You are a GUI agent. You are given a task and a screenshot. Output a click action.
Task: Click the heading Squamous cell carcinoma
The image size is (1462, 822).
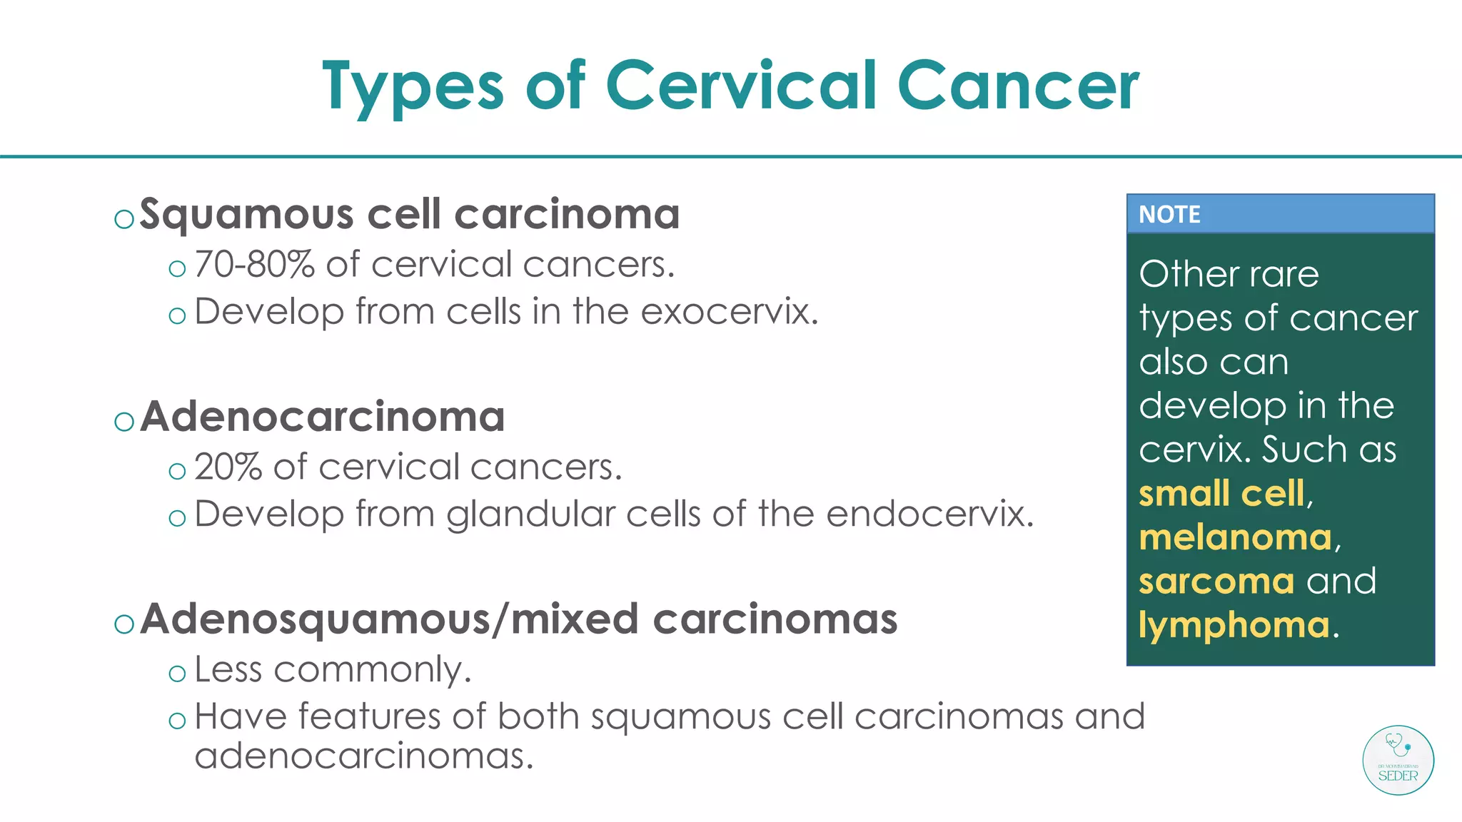coord(409,214)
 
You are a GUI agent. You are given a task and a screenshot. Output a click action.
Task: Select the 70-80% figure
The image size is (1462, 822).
coord(254,265)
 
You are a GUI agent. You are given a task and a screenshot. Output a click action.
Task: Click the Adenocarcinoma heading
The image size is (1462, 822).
coord(323,417)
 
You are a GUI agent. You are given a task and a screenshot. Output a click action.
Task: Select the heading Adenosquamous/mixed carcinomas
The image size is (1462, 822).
coord(519,619)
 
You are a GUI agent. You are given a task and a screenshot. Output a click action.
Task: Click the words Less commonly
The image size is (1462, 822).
coord(333,670)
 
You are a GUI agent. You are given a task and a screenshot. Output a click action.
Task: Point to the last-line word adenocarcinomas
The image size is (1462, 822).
coord(363,756)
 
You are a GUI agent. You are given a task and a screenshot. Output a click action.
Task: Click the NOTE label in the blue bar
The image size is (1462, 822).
coord(1169,214)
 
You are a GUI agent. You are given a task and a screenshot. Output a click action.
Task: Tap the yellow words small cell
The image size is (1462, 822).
coord(1221,494)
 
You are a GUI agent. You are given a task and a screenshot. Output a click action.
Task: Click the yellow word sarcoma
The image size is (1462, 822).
coord(1216,582)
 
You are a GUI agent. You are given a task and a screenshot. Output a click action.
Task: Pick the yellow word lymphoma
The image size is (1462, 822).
coord(1234,626)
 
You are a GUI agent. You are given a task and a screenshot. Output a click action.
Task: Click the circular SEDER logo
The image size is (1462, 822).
coord(1398,760)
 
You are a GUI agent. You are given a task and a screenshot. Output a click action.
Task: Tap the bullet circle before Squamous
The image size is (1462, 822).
coord(124,218)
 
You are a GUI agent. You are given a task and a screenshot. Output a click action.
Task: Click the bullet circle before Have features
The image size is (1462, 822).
coord(177,720)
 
